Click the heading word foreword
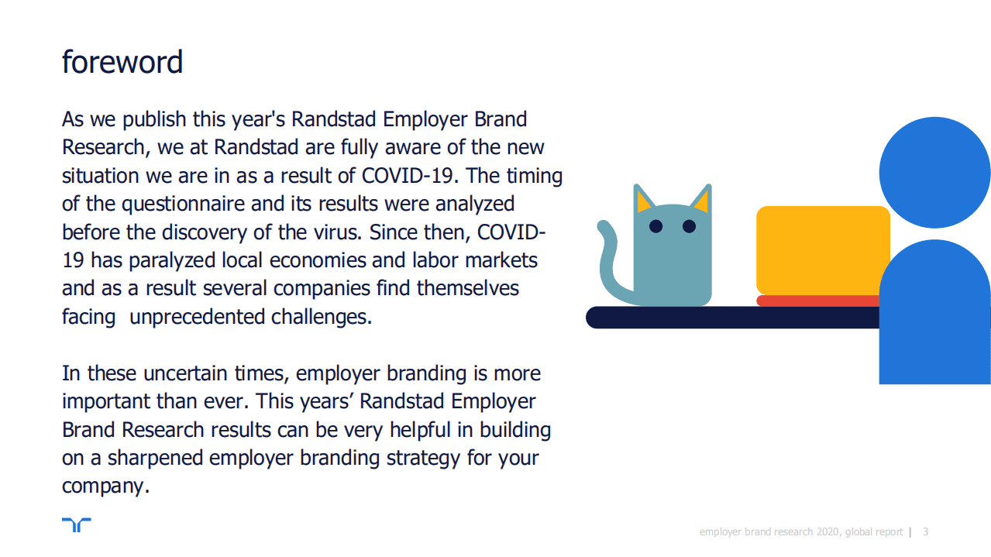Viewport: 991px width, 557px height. (122, 62)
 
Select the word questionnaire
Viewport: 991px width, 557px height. (183, 205)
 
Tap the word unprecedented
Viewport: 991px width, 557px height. (197, 317)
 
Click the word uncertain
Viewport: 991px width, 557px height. (185, 373)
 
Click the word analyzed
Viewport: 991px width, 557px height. (475, 205)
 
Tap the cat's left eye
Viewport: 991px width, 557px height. (656, 226)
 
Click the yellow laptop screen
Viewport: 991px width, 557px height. (823, 250)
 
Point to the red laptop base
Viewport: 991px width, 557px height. (818, 301)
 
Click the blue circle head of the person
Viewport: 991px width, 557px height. (934, 173)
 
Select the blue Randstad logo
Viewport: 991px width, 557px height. (77, 524)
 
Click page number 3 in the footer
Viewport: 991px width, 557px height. (925, 531)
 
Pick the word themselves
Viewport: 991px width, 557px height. (468, 288)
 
